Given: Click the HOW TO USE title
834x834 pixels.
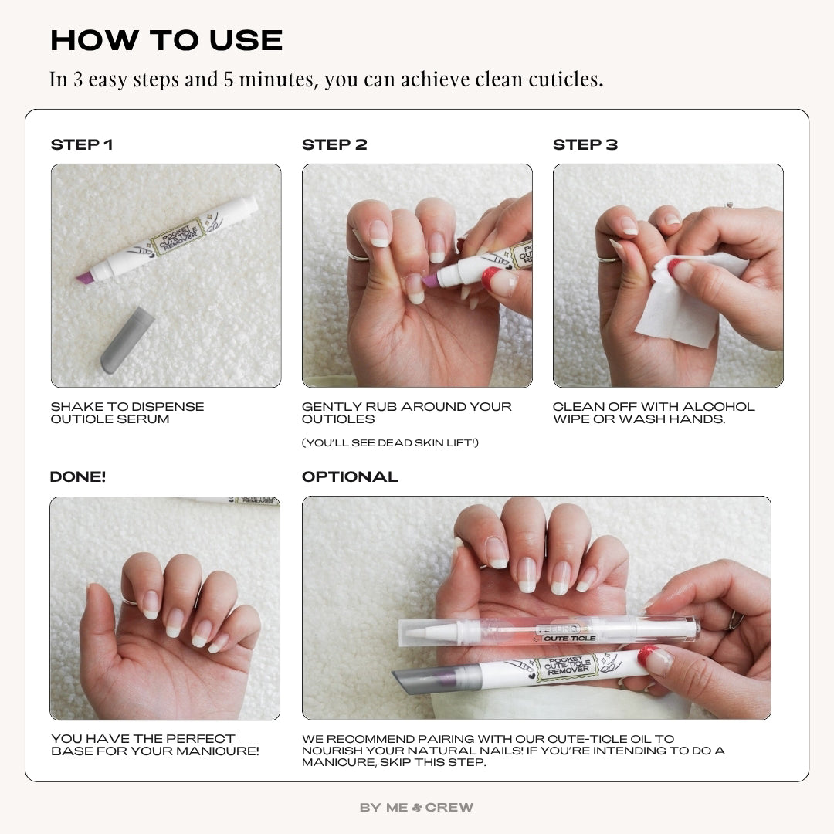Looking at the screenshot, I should point(166,40).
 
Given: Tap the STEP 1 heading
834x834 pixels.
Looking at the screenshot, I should point(81,145).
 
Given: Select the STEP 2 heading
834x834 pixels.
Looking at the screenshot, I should point(334,145).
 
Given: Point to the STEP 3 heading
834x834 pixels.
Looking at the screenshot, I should point(585,145).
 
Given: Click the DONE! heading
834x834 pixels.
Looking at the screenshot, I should point(78,477).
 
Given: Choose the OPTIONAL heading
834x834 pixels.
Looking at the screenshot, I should point(350,477).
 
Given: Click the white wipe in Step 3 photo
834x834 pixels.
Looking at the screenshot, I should point(680,305).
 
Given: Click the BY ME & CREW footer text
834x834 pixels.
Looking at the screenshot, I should point(417,808).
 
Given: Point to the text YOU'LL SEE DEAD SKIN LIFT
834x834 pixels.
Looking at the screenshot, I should point(390,443).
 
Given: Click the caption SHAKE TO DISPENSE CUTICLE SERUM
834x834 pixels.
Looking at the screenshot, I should point(127,413).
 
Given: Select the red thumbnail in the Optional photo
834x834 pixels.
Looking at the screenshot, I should point(655,660).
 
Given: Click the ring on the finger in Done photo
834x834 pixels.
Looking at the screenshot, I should point(129,600).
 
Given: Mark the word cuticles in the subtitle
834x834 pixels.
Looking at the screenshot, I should point(564,80).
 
